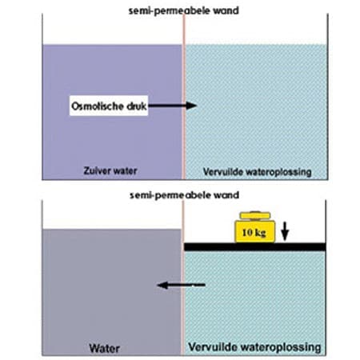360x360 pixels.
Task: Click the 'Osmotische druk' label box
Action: click(109, 106)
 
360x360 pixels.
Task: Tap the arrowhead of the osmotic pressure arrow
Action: click(191, 106)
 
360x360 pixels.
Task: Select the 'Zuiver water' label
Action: click(110, 171)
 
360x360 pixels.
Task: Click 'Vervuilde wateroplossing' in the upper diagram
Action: click(257, 172)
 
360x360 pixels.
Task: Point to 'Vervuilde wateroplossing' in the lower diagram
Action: click(254, 347)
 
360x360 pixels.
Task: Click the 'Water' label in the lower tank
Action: click(104, 348)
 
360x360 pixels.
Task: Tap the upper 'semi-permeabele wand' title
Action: click(183, 11)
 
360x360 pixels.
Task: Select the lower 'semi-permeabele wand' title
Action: click(184, 195)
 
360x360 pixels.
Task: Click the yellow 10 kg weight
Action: click(254, 227)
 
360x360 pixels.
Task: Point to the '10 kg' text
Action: click(254, 233)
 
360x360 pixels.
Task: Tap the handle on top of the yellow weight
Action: click(255, 215)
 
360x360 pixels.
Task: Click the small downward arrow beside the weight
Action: click(285, 231)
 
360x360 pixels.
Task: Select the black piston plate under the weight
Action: click(254, 247)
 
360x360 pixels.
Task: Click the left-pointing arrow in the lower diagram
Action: click(182, 285)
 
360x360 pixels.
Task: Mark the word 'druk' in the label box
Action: click(137, 106)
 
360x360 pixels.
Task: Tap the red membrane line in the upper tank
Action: click(184, 97)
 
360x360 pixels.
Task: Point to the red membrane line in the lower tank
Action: click(183, 278)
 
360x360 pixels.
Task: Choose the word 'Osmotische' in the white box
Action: click(98, 106)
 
